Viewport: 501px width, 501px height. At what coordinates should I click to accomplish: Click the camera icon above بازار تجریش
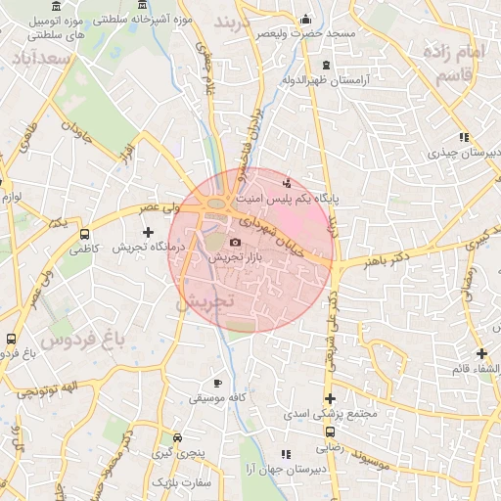point(235,242)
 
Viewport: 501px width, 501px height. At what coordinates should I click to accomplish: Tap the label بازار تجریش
point(235,256)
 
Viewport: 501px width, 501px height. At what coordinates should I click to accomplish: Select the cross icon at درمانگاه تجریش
point(148,233)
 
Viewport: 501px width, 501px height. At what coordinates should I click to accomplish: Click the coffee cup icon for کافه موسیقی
point(218,384)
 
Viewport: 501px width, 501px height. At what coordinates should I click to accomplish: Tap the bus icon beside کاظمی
point(85,235)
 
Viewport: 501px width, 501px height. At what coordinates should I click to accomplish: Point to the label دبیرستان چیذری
point(462,154)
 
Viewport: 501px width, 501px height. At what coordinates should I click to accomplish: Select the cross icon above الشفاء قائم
point(481,353)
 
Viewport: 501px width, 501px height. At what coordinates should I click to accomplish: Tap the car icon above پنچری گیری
point(177,438)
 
